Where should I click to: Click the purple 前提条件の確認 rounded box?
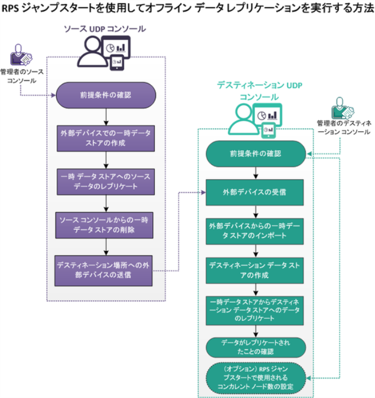[x=106, y=95]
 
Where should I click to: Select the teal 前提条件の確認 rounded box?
[x=256, y=154]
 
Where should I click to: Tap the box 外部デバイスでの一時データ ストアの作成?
[x=106, y=139]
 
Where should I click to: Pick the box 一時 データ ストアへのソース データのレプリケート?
[x=106, y=182]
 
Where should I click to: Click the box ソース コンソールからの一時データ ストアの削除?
[x=104, y=225]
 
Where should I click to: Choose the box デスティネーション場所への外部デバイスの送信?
[x=103, y=271]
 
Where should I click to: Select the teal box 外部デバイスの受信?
[x=254, y=192]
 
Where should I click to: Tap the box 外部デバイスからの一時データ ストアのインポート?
[x=254, y=231]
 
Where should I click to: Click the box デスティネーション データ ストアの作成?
[x=254, y=271]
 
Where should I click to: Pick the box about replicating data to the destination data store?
[x=254, y=310]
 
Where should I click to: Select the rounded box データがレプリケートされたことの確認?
[x=256, y=347]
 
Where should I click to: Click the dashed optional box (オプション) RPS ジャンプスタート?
[x=256, y=378]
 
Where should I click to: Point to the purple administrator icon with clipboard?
[x=21, y=55]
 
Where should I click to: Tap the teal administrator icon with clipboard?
[x=342, y=108]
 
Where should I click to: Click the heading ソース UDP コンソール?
[x=105, y=29]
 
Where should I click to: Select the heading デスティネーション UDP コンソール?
[x=259, y=91]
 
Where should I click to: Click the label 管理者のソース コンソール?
[x=22, y=76]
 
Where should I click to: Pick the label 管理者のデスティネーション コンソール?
[x=344, y=127]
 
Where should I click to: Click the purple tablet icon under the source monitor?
[x=117, y=63]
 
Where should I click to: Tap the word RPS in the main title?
[x=10, y=8]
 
